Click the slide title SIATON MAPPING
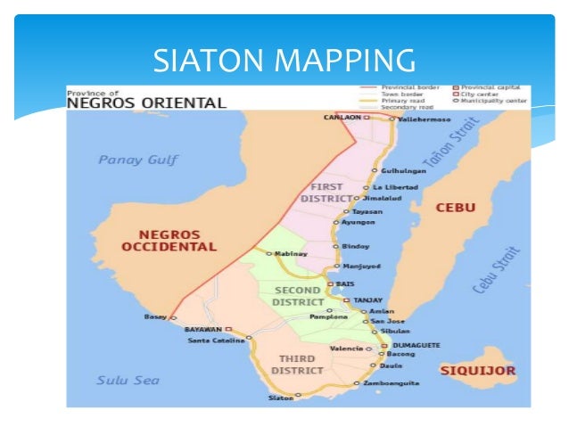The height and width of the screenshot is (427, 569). (284, 60)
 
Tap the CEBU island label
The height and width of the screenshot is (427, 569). (455, 208)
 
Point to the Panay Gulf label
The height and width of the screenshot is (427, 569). (137, 160)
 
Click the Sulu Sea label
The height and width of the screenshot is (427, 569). (128, 381)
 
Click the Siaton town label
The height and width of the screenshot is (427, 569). (280, 398)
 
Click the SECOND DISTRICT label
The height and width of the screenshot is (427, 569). (298, 296)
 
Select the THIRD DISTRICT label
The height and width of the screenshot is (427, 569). (291, 364)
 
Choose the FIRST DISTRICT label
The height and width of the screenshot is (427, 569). (329, 192)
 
